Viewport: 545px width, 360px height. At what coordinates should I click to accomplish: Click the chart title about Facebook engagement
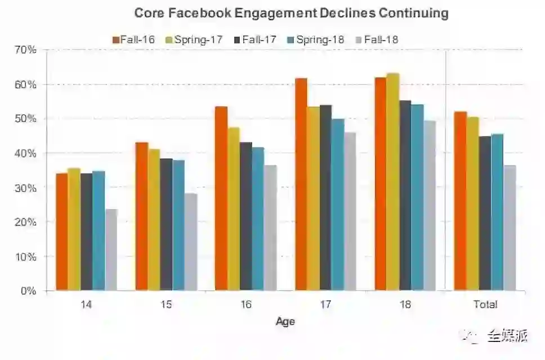click(291, 13)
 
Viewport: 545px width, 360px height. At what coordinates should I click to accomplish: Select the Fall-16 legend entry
click(134, 39)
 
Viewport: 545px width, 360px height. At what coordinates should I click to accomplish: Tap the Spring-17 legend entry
click(194, 39)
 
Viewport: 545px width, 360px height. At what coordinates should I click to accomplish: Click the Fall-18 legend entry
click(377, 39)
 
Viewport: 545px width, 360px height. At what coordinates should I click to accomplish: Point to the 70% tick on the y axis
click(25, 50)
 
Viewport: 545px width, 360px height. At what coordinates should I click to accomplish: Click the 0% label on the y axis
click(28, 291)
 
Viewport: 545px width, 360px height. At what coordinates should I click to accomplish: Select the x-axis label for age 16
click(245, 305)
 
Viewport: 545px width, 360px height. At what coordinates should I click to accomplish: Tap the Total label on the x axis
click(485, 305)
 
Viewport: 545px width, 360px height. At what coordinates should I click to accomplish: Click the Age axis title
click(285, 322)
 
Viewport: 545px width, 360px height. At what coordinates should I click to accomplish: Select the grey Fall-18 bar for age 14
click(111, 250)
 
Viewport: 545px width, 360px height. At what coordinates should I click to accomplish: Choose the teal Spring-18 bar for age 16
click(258, 219)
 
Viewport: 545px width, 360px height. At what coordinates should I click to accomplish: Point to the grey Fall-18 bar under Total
click(510, 228)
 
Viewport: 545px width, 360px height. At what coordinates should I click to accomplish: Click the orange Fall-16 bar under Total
click(461, 201)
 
